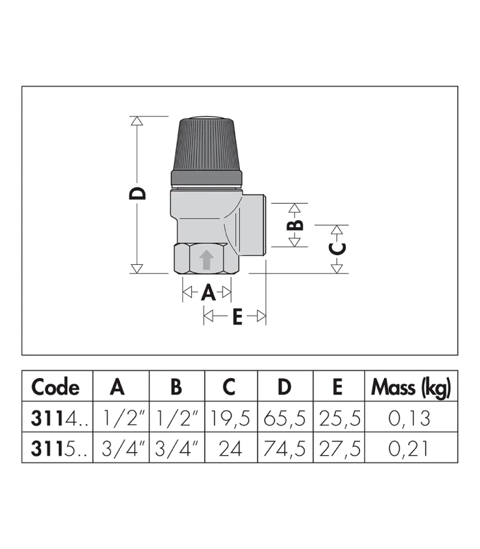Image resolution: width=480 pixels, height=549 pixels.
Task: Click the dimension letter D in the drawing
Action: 137,194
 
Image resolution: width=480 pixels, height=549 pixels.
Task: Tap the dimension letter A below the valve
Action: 208,292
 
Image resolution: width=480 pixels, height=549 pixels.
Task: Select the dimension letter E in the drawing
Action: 237,316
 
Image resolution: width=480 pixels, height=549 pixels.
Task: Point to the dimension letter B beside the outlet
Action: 295,225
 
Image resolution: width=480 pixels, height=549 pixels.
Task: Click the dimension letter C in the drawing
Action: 337,248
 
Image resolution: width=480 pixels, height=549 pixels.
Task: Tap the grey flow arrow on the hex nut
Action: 206,259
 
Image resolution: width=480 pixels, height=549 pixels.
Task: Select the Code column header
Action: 56,387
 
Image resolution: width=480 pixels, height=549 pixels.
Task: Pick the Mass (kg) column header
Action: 411,388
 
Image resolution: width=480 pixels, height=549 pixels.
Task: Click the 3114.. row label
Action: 59,418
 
